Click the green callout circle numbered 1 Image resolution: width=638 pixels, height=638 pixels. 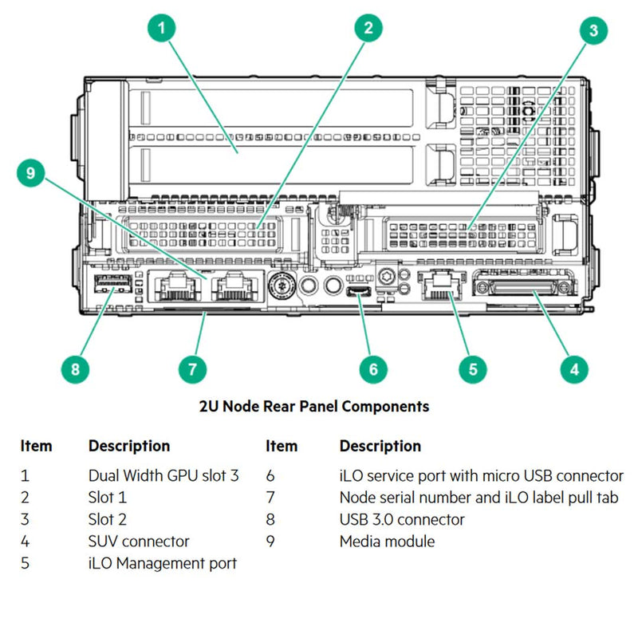click(x=162, y=29)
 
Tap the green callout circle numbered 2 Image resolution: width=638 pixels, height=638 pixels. click(x=368, y=29)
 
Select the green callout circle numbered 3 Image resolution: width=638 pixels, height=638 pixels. click(x=593, y=31)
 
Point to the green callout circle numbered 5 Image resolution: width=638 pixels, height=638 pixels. click(x=472, y=368)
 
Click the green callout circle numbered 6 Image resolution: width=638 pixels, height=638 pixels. click(x=372, y=368)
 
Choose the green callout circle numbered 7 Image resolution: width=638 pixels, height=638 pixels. click(x=192, y=368)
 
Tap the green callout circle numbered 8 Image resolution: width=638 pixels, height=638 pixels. click(x=76, y=368)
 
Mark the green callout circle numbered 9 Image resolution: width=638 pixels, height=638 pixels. click(x=30, y=173)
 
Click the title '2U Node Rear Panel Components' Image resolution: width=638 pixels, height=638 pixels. click(x=313, y=406)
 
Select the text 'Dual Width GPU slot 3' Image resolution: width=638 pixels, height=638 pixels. click(x=163, y=475)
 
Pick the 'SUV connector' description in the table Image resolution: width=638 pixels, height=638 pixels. click(x=139, y=542)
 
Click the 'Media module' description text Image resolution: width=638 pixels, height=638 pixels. click(x=387, y=542)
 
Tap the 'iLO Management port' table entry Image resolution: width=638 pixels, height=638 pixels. click(x=162, y=563)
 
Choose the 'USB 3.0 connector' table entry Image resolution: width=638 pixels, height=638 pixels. click(x=402, y=519)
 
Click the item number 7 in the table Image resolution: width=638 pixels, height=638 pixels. click(x=270, y=498)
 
